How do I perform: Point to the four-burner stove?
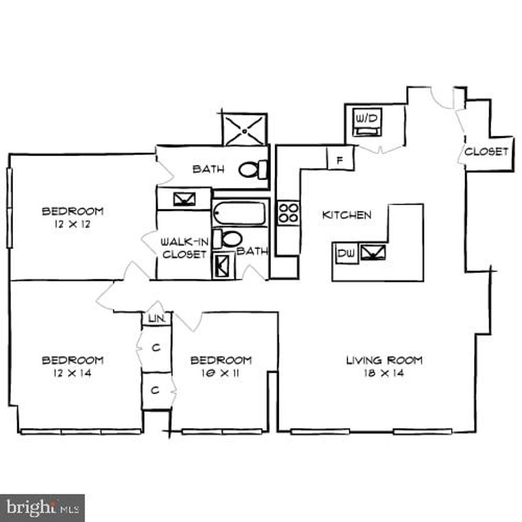tap(289, 212)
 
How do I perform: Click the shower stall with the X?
tap(244, 129)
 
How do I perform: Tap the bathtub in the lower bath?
tap(240, 213)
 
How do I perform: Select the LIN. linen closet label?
tap(156, 319)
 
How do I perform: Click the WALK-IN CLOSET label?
tap(184, 248)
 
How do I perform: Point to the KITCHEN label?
tap(346, 215)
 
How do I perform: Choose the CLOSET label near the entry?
tap(486, 151)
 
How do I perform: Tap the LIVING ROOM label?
tap(384, 360)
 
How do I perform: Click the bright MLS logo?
tap(42, 508)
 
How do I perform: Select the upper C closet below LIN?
tap(157, 348)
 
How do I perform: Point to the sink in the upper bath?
tap(184, 199)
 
